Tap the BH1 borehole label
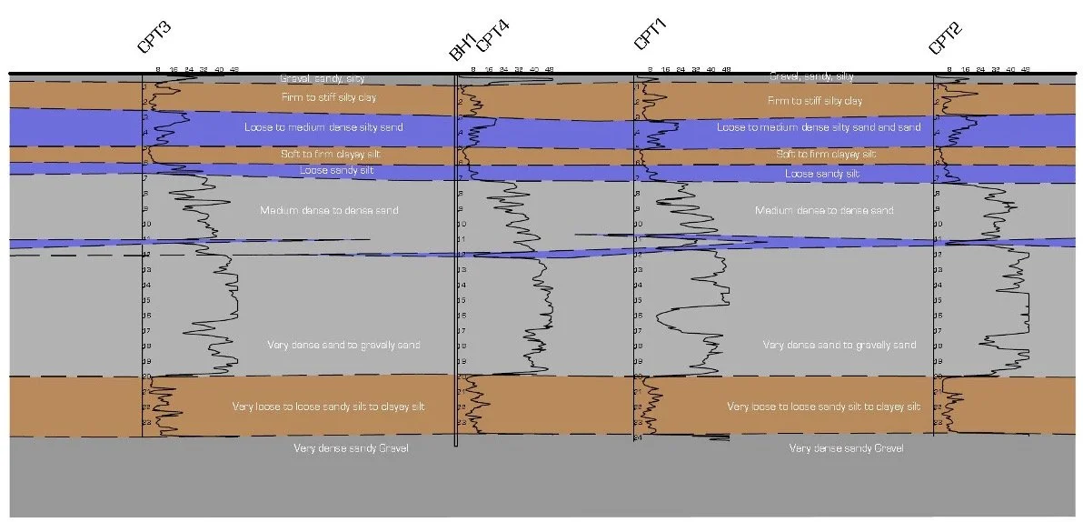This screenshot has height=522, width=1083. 462,48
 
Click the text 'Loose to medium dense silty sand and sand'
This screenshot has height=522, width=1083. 819,127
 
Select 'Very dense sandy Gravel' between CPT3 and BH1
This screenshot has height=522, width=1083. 351,448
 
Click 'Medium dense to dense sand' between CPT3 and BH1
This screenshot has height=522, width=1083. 329,211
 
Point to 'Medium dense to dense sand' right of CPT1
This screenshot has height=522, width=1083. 824,211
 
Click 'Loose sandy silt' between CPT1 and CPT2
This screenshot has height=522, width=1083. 821,174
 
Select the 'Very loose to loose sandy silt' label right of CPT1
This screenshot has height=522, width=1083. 823,407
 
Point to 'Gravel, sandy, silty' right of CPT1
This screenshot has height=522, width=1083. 811,76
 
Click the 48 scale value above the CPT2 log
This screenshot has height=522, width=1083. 1026,69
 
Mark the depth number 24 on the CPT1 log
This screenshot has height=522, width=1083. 639,438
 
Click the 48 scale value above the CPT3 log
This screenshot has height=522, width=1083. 234,69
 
